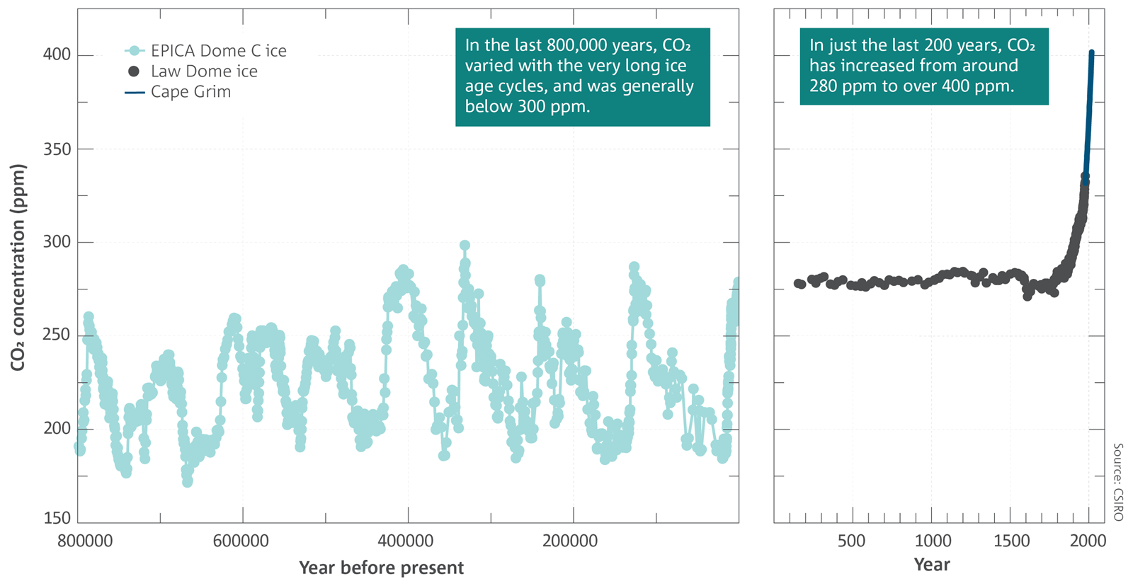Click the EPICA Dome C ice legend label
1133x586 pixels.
219,50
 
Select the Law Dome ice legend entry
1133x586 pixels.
205,71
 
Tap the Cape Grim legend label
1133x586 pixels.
190,91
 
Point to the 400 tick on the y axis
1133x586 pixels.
57,54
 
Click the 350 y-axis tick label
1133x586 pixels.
57,149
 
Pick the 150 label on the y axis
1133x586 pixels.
57,518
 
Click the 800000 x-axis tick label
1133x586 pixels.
85,541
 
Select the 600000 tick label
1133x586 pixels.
241,541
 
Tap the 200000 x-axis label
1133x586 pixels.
570,541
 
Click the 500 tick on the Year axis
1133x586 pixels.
851,541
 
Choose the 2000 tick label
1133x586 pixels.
1088,541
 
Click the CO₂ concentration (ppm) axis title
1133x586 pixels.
18,268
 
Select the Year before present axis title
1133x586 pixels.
382,568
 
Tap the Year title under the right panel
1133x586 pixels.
932,564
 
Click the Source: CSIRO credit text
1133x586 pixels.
1118,482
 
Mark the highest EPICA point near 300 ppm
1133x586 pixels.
465,245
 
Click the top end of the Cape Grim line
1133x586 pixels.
1091,52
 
